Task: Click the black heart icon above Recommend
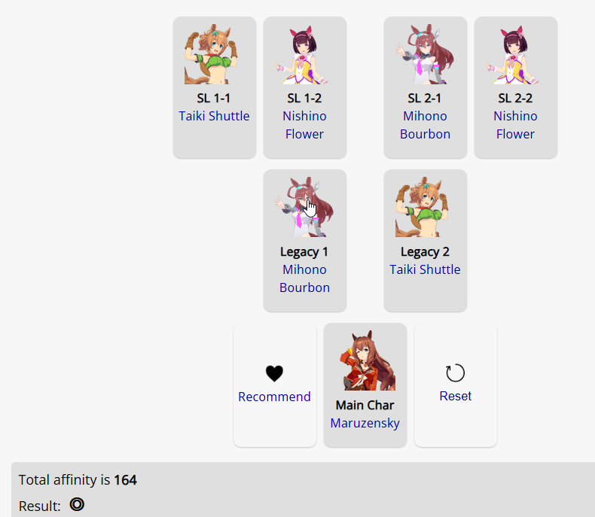274,373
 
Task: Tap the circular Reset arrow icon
455,373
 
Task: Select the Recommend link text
274,397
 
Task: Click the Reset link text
456,396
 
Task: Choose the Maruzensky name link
365,423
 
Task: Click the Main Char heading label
365,405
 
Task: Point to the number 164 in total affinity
125,480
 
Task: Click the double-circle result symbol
77,504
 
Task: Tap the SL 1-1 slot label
214,98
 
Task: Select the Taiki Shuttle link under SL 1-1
214,116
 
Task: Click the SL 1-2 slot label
304,98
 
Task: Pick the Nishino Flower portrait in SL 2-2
515,54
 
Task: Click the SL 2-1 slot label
425,98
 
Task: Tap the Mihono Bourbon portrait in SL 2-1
425,54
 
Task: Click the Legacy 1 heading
304,251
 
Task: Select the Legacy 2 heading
425,251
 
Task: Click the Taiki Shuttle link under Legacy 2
425,269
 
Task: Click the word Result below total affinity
40,506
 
